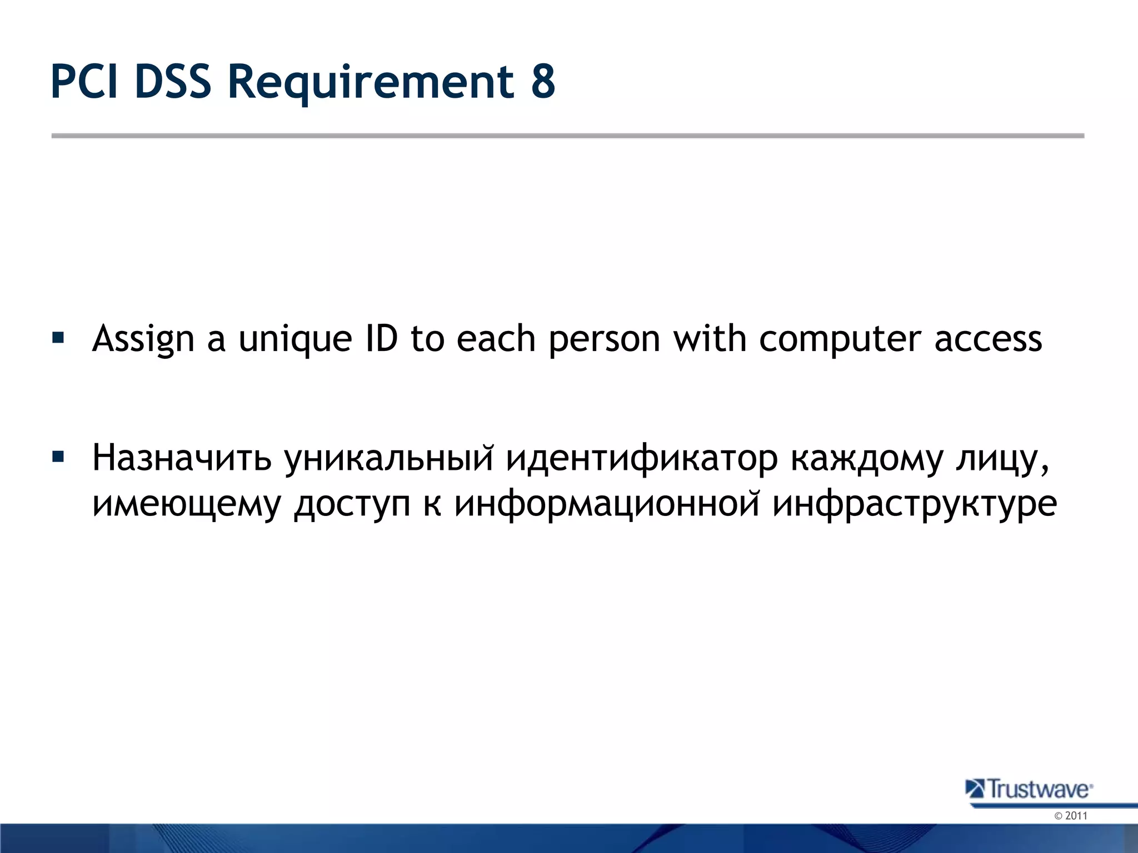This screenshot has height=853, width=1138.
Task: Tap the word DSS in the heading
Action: [x=173, y=82]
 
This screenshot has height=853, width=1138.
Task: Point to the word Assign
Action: [x=143, y=339]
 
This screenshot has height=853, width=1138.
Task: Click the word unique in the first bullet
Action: [x=295, y=339]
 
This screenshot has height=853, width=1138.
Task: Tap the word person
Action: [x=604, y=339]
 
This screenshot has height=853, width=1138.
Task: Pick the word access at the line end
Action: [x=988, y=339]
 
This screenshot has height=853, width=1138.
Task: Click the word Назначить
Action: [x=182, y=459]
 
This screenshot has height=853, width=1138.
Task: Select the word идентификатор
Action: [x=642, y=459]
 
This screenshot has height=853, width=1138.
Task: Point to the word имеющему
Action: [x=186, y=504]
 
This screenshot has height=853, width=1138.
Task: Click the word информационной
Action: [x=606, y=504]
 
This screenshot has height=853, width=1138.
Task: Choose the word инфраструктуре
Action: [x=915, y=504]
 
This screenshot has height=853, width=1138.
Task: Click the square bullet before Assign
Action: [x=58, y=337]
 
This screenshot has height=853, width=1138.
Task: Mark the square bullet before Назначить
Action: [x=58, y=458]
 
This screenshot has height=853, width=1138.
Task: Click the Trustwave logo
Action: [x=1029, y=789]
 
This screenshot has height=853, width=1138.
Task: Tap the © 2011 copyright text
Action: [x=1070, y=816]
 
